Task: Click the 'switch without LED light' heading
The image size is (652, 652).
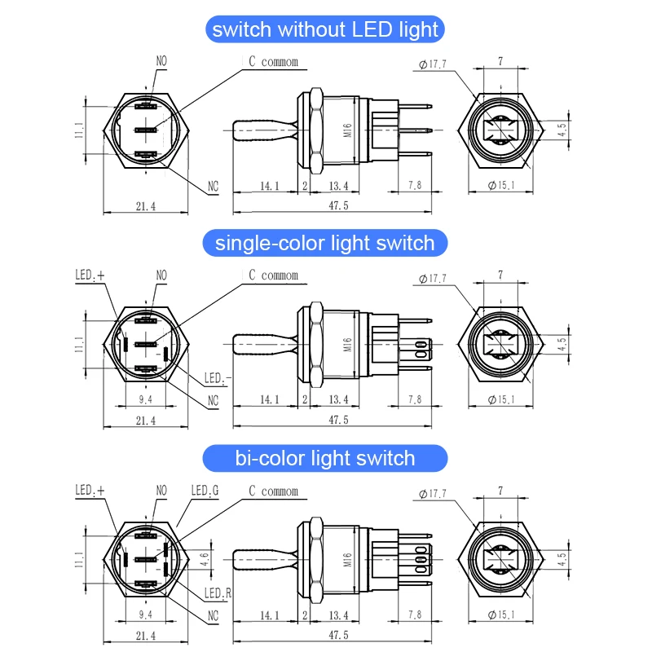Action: point(325,30)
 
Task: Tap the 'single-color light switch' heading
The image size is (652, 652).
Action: point(325,243)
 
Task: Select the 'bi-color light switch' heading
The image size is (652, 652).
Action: point(325,458)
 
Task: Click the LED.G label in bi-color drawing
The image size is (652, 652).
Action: point(205,491)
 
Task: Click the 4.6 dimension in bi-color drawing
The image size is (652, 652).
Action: point(205,559)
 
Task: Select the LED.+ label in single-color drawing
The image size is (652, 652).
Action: point(90,276)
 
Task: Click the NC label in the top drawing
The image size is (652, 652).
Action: point(213,187)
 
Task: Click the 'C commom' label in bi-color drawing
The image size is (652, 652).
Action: point(273,491)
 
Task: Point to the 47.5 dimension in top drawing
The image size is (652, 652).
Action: point(337,206)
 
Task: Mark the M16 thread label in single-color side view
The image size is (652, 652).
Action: point(346,344)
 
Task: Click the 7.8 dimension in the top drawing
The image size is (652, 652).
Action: point(414,186)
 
